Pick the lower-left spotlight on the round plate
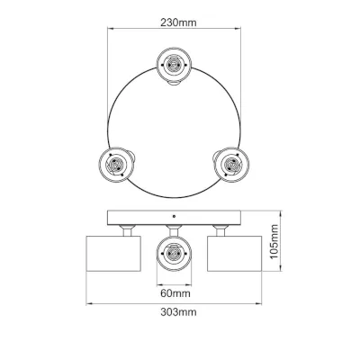point(115,165)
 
